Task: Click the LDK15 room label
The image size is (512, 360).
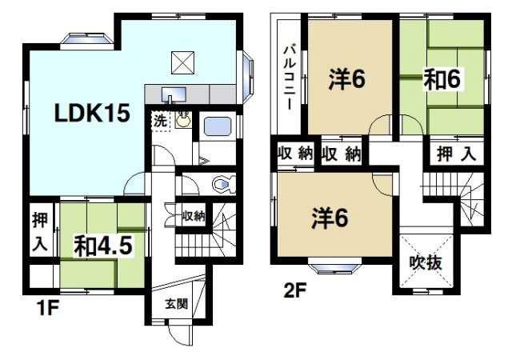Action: tap(92, 114)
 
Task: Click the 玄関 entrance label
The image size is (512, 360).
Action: tap(177, 304)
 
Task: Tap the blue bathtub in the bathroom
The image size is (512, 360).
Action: tap(218, 127)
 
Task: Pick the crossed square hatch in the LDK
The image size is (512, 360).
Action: tap(182, 60)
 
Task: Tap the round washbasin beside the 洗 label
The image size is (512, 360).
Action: tap(184, 121)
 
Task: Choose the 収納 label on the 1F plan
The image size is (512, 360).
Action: tap(193, 215)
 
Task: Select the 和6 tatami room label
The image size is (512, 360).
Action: tap(442, 80)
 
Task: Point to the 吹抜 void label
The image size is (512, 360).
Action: tap(422, 262)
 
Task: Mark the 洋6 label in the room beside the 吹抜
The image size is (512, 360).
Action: tap(330, 217)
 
